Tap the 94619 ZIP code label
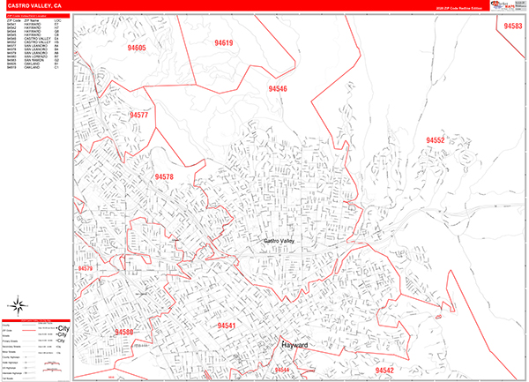(223, 42)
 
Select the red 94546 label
(278, 89)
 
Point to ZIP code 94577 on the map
(138, 116)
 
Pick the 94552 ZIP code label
(435, 140)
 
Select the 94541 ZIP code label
(226, 326)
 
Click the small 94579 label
(85, 268)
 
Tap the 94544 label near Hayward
(282, 369)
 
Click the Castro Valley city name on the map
(284, 241)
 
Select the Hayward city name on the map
(294, 345)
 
